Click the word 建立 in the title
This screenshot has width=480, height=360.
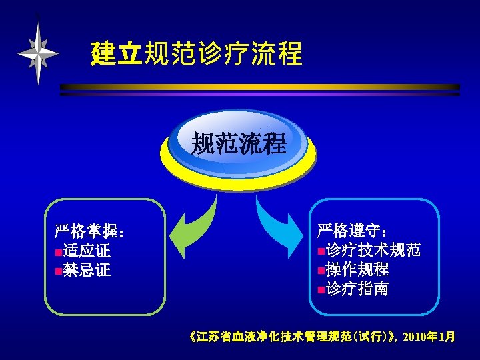[x=116, y=54]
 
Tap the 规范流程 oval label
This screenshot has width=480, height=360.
[x=239, y=143]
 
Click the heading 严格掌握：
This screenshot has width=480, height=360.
[x=91, y=233]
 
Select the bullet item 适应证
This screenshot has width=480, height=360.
[x=87, y=251]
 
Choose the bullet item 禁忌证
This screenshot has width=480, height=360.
[x=87, y=270]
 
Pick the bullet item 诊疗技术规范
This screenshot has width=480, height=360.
[x=373, y=251]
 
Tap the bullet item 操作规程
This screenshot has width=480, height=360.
[x=357, y=270]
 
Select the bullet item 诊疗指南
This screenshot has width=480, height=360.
[x=357, y=289]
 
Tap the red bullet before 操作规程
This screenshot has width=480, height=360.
[x=321, y=271]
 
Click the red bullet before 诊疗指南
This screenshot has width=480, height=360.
[x=321, y=290]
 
